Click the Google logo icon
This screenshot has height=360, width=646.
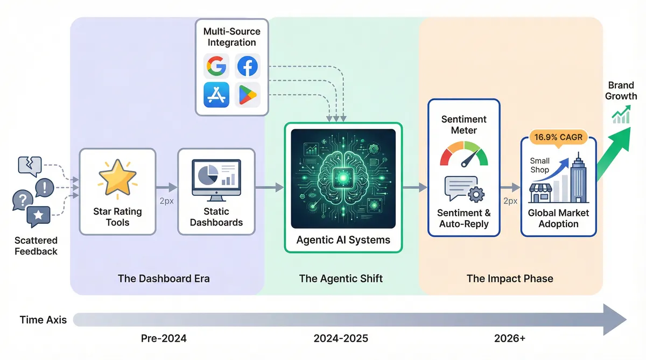(x=216, y=67)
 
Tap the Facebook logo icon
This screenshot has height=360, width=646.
(x=248, y=67)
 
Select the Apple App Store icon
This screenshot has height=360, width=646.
(x=216, y=95)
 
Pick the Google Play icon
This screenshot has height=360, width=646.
(x=248, y=95)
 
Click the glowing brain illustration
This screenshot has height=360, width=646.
(x=343, y=178)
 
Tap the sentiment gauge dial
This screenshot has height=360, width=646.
(x=464, y=153)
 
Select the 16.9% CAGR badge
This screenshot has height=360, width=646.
(x=558, y=137)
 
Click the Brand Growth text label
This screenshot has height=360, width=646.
(x=621, y=90)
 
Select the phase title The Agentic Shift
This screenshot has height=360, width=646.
(x=341, y=279)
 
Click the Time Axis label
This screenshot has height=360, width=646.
(x=43, y=320)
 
